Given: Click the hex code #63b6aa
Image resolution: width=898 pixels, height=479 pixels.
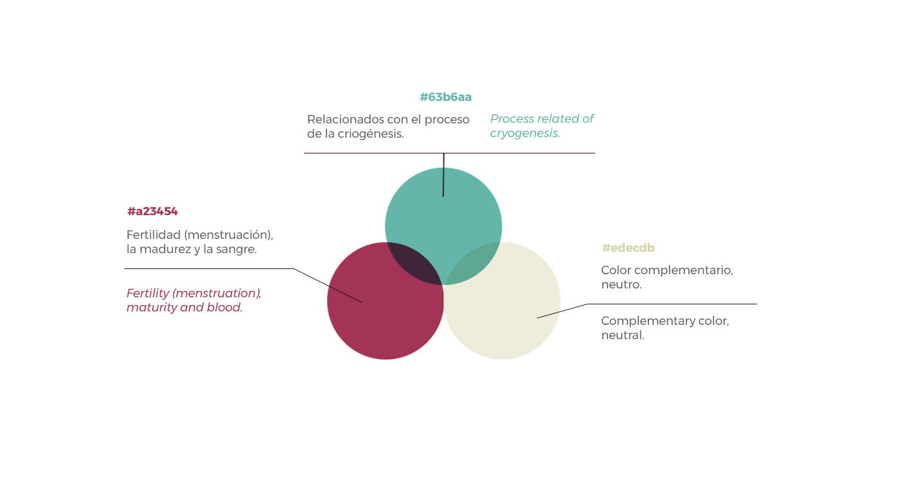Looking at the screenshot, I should [x=446, y=97].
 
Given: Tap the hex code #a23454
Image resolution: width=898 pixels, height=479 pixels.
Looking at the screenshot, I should [x=152, y=211].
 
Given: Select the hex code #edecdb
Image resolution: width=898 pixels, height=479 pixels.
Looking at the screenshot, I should [x=628, y=248].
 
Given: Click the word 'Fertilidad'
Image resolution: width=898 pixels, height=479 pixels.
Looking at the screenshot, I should [x=153, y=235].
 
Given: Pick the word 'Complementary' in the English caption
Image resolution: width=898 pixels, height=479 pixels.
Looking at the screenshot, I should [x=645, y=321].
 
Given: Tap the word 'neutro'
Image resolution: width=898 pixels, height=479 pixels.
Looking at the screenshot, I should [x=620, y=284].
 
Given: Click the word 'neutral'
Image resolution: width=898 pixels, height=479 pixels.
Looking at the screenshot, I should [x=622, y=335].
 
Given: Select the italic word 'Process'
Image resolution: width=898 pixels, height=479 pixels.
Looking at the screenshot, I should [x=512, y=119].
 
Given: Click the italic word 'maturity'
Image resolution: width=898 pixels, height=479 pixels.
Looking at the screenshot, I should [x=151, y=308].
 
